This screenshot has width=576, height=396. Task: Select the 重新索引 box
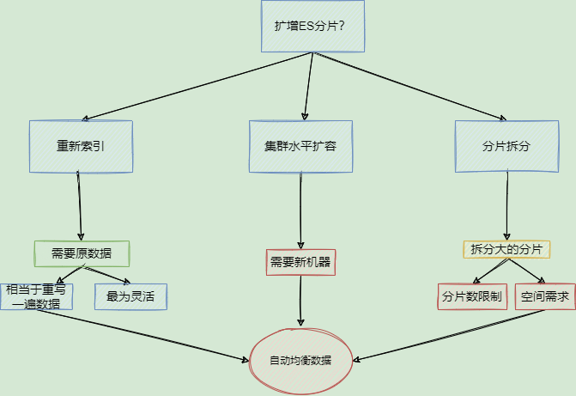(x=82, y=146)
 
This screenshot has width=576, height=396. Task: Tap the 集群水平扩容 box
(x=300, y=146)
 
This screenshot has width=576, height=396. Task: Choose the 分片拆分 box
(x=506, y=146)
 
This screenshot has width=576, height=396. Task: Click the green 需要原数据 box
(x=82, y=253)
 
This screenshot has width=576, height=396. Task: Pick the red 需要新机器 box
(x=300, y=262)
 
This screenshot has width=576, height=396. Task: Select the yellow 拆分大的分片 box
(x=506, y=249)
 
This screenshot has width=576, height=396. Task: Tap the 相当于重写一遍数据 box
(x=36, y=296)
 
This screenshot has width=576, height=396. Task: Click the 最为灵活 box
(x=130, y=296)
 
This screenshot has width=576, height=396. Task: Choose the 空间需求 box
(x=544, y=296)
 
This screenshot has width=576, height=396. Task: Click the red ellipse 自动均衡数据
(x=300, y=359)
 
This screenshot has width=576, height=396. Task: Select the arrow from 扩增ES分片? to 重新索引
(x=197, y=86)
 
